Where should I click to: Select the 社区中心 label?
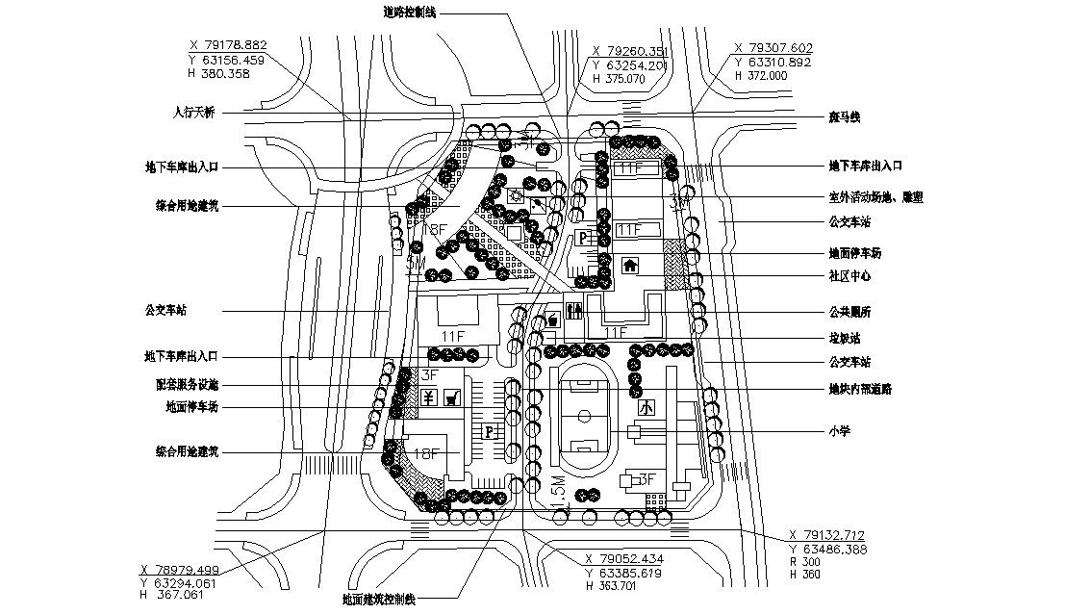click(850, 276)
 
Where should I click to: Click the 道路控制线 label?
click(410, 13)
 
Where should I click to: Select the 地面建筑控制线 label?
click(378, 600)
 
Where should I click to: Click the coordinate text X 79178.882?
click(228, 44)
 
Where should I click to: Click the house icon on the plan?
click(631, 266)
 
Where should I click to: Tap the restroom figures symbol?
click(574, 311)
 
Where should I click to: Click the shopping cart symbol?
click(449, 396)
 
